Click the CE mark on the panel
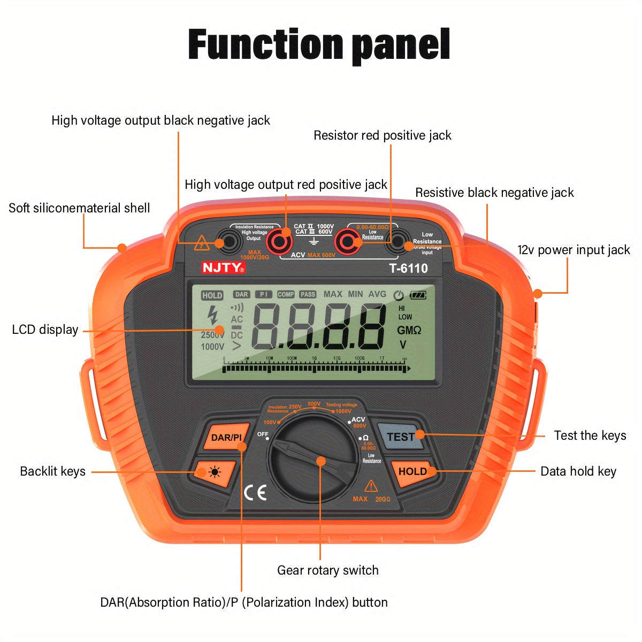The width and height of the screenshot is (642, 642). tap(255, 493)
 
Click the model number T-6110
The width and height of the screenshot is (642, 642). tap(408, 269)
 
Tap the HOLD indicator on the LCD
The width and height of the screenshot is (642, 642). tap(212, 295)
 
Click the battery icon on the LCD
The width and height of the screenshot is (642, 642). tap(418, 295)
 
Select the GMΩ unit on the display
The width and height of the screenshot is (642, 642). tap(409, 331)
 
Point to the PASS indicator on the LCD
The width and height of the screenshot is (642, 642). tap(308, 294)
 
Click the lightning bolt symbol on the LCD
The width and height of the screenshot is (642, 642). tap(213, 315)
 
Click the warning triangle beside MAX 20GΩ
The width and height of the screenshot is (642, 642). tap(371, 486)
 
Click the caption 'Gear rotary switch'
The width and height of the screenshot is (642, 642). tap(327, 570)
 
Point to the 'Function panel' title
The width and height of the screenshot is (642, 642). tap(319, 45)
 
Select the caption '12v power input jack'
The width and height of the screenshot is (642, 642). tap(574, 250)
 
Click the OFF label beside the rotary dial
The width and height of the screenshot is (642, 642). tap(263, 434)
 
